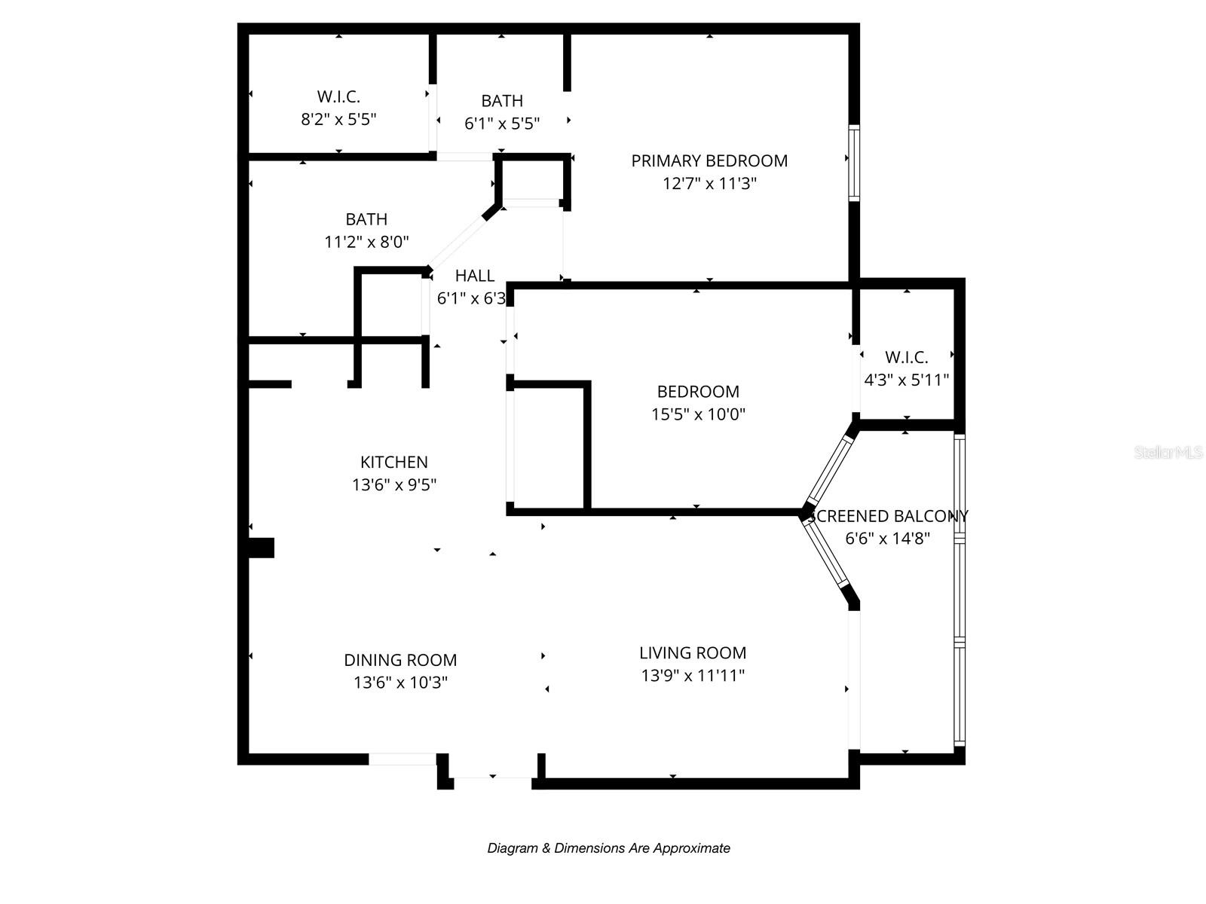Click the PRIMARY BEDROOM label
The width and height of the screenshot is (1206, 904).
[x=709, y=160]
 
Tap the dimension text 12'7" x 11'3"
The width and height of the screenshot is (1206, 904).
[x=709, y=183]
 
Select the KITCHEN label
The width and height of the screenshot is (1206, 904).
[x=393, y=462]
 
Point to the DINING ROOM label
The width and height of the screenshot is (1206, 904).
[x=400, y=660]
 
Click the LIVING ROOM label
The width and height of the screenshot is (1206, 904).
[x=693, y=653]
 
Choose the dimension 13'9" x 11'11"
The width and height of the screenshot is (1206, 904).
[x=693, y=676]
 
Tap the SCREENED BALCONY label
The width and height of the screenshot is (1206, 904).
[x=888, y=516]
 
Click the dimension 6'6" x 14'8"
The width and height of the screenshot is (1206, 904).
[x=888, y=539]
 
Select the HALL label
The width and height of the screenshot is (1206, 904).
[x=475, y=276]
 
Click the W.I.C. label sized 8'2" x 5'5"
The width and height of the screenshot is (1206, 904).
[x=338, y=96]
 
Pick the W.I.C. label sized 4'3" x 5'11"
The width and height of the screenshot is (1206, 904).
[x=906, y=357]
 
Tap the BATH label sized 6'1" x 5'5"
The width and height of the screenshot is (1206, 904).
[x=502, y=101]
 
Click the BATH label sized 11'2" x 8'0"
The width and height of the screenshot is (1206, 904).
[x=366, y=219]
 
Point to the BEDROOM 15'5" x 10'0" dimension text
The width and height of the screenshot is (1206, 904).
[x=698, y=414]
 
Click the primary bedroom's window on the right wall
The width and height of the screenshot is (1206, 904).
[x=854, y=163]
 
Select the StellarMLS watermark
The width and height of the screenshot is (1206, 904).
[x=1168, y=452]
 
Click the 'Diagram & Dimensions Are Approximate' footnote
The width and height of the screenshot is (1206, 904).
[x=608, y=848]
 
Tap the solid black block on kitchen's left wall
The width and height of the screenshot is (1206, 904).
[x=261, y=548]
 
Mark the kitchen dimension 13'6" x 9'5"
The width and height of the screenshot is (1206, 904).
[x=393, y=484]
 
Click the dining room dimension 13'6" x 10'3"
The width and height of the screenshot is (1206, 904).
[x=400, y=683]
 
